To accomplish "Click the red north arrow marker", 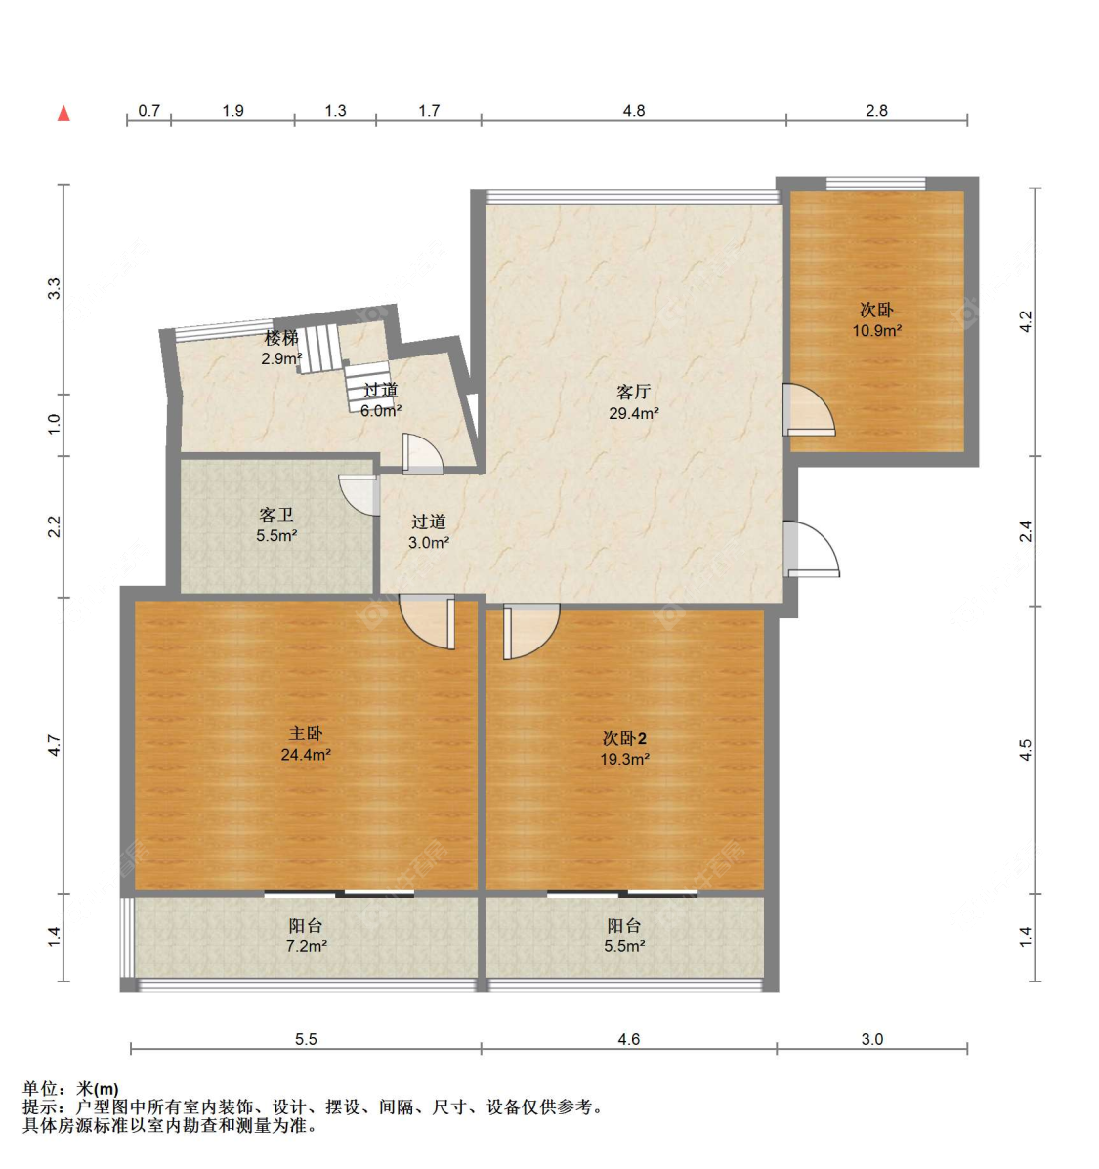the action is pyautogui.click(x=64, y=113).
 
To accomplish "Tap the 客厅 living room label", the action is pyautogui.click(x=634, y=392).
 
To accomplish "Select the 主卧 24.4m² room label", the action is pyautogui.click(x=306, y=744).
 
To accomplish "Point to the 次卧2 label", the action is pyautogui.click(x=625, y=738).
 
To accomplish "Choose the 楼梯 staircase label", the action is pyautogui.click(x=282, y=338).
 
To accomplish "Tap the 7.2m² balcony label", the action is pyautogui.click(x=307, y=947).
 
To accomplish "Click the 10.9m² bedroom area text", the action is pyautogui.click(x=877, y=331).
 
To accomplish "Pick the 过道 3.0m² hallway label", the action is pyautogui.click(x=429, y=532).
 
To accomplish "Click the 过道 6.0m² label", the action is pyautogui.click(x=381, y=400).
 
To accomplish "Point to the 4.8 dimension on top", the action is pyautogui.click(x=634, y=111).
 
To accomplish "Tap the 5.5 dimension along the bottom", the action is pyautogui.click(x=306, y=1039).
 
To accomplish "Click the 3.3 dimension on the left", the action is pyautogui.click(x=55, y=288).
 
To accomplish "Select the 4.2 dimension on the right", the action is pyautogui.click(x=1026, y=321).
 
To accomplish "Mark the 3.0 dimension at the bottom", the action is pyautogui.click(x=872, y=1039).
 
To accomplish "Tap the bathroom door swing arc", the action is pyautogui.click(x=359, y=495).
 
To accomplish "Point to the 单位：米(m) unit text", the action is pyautogui.click(x=71, y=1089).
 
